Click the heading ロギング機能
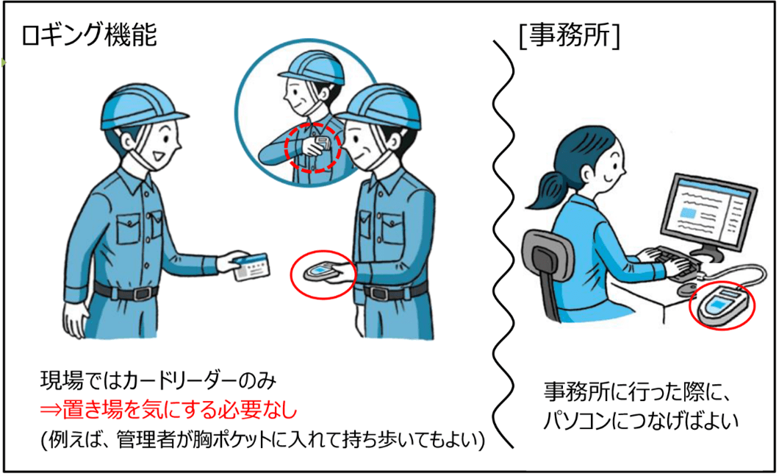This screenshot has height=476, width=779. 90,36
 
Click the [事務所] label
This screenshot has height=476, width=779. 570,36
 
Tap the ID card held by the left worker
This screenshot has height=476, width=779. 251,267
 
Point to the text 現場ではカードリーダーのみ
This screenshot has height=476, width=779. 158,382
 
